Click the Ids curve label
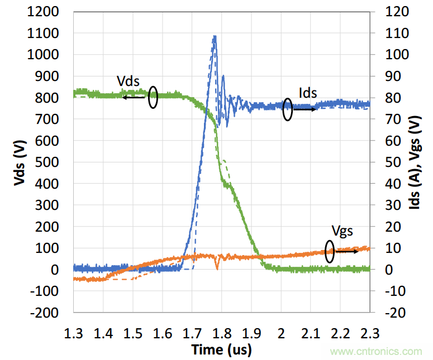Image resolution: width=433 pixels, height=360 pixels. tap(307, 93)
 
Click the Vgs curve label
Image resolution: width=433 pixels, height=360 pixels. tap(342, 230)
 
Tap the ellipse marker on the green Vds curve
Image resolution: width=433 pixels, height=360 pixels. tap(153, 97)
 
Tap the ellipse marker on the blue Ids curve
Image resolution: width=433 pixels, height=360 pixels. tap(288, 109)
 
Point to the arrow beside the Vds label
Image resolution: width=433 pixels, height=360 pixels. tap(134, 98)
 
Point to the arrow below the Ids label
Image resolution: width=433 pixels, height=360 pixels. tap(305, 109)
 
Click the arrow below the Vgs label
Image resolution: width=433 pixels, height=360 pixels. tap(346, 252)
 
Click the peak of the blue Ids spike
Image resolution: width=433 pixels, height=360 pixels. tap(215, 37)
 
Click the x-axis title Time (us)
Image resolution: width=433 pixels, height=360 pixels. tap(221, 350)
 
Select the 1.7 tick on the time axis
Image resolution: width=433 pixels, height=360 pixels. tap(192, 334)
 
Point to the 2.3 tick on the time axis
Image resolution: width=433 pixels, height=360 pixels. tap(369, 334)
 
